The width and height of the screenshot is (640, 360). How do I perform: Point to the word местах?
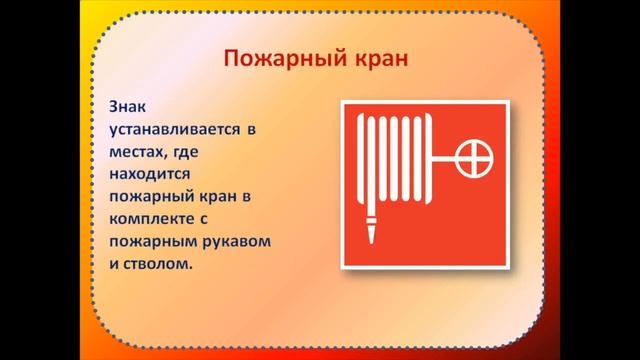tap(142, 152)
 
